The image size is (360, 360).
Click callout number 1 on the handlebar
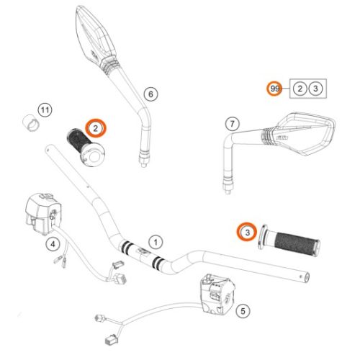[x=153, y=238]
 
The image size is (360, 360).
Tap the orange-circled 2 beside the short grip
[x=95, y=128]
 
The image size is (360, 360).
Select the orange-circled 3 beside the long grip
[x=246, y=233]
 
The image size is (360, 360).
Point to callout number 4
[x=53, y=244]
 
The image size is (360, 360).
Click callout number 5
[x=243, y=311]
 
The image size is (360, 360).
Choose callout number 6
[x=150, y=94]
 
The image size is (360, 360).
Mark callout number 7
[x=231, y=123]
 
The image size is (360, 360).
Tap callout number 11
[x=45, y=110]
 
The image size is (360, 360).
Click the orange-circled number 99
[x=274, y=89]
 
